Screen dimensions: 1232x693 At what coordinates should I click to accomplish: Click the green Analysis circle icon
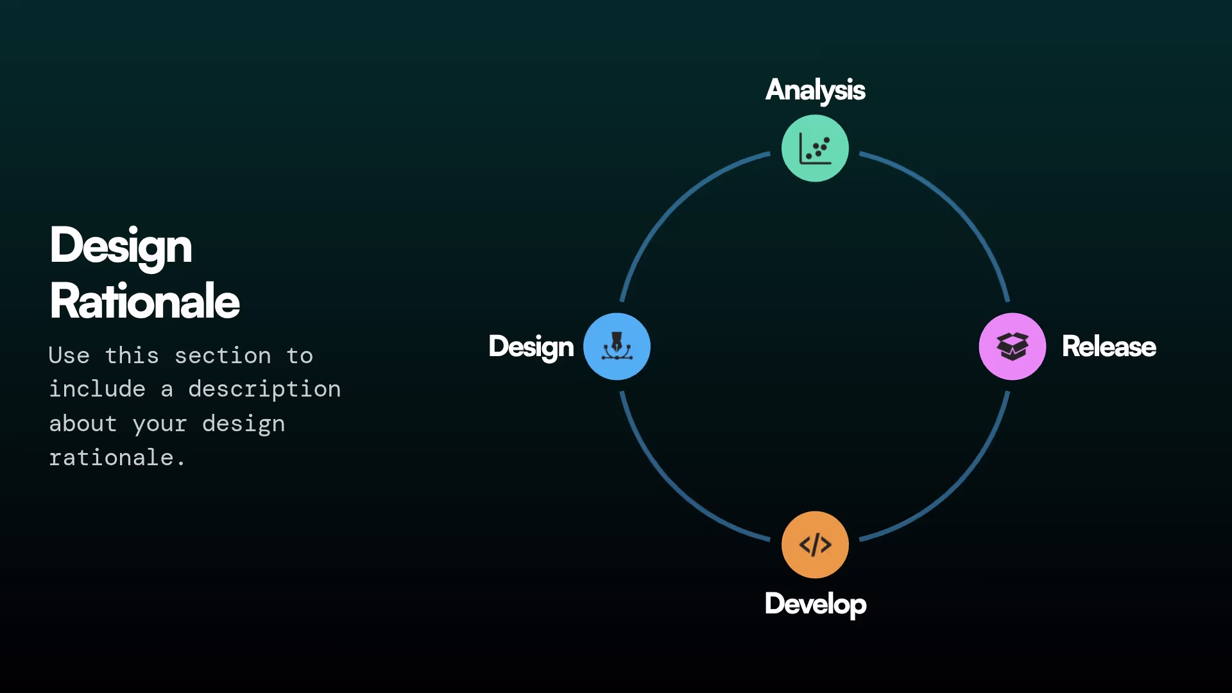click(x=815, y=148)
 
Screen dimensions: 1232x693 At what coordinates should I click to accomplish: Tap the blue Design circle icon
click(x=617, y=346)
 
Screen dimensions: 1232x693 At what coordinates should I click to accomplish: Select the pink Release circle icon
click(x=1013, y=346)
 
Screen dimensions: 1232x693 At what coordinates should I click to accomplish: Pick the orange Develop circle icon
click(x=815, y=545)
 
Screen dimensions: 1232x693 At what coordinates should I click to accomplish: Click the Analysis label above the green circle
click(x=815, y=90)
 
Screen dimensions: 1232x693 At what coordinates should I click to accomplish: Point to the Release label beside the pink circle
click(x=1109, y=346)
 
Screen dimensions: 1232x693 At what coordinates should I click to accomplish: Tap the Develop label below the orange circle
click(x=815, y=604)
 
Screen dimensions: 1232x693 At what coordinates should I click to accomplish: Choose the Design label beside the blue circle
click(x=531, y=346)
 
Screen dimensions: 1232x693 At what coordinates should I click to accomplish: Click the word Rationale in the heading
click(x=144, y=301)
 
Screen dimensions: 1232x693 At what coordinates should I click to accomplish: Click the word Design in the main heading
click(x=121, y=246)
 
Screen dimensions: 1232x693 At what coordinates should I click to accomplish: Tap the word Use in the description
click(x=69, y=355)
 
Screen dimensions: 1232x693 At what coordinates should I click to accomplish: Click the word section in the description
click(x=223, y=355)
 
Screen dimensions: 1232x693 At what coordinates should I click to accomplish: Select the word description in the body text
click(x=264, y=389)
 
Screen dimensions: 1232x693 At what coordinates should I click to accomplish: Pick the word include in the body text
click(x=98, y=389)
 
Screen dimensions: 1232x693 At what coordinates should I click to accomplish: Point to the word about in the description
click(x=83, y=424)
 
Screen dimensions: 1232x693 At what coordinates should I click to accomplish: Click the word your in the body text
click(x=160, y=424)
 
